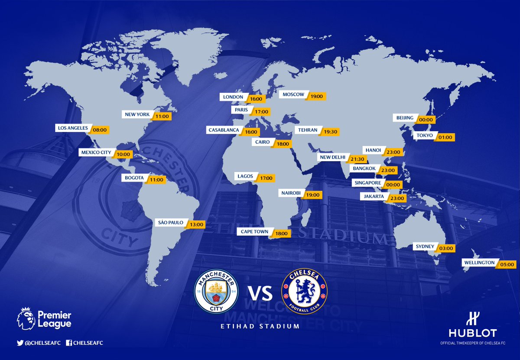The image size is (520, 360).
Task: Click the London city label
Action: (233, 97)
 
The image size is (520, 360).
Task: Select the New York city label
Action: (136, 115)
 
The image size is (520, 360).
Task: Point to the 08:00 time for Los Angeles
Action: (100, 130)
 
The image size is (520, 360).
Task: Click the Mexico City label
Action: (95, 152)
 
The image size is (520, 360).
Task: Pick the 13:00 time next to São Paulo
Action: (197, 225)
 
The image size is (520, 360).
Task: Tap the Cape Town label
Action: (255, 232)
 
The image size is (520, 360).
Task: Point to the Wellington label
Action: (479, 263)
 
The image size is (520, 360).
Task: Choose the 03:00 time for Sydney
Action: (446, 249)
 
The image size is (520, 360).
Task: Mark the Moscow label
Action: (293, 94)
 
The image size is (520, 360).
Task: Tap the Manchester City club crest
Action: (216, 291)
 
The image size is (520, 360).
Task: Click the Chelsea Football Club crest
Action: (304, 291)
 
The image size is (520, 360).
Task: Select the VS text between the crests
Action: (260, 292)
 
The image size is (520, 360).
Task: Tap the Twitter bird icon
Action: (19, 343)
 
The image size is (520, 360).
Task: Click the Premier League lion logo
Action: (26, 318)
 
